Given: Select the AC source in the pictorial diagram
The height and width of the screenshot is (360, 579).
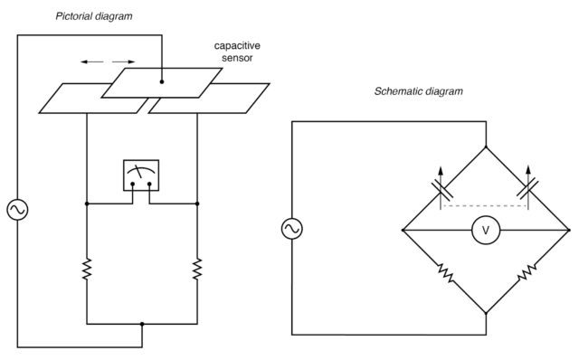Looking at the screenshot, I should tap(17, 210).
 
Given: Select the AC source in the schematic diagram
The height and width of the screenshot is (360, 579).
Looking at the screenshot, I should tap(291, 230).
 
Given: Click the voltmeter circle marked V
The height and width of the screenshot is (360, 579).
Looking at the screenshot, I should tap(486, 231).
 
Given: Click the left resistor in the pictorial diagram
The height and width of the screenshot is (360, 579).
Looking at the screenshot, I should tap(86, 269).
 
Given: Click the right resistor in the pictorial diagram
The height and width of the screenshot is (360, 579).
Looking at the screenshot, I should tap(197, 269).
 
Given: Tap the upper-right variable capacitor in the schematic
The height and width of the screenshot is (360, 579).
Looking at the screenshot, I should tap(528, 189).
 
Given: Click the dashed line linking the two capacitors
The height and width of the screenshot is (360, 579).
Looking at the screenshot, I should tap(486, 206).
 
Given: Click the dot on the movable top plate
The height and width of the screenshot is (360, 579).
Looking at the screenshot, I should tap(162, 82).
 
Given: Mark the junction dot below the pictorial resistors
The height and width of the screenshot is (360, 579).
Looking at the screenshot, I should tap(142, 323).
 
